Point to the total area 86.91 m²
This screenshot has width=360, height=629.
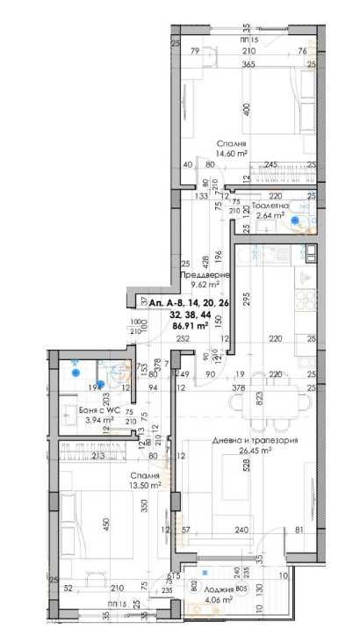(x=191, y=325)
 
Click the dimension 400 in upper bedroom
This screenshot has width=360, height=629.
(x=248, y=111)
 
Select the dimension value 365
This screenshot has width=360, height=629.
(x=248, y=64)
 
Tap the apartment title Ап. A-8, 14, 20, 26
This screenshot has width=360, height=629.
(x=190, y=302)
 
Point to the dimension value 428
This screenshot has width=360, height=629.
(x=201, y=261)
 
